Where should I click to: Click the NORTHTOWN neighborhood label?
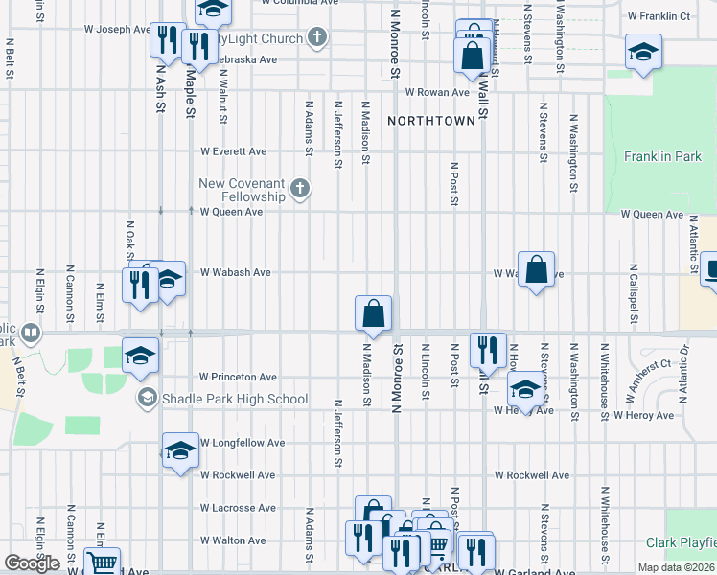431,121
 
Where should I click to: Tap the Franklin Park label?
662,156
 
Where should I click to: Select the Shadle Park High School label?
234,399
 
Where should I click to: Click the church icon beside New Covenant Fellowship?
300,189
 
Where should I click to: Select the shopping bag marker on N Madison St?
373,313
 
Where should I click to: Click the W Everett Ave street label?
233,151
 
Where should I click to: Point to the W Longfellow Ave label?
243,443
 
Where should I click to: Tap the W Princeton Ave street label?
238,377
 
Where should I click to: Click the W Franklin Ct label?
659,16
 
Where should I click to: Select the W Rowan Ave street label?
436,92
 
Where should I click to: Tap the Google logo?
32,563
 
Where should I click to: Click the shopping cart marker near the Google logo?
102,563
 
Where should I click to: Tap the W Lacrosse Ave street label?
237,508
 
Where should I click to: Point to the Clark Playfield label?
681,542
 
